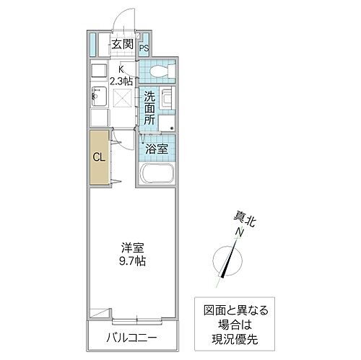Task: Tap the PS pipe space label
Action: coord(144,49)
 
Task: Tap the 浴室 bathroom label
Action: coord(156,149)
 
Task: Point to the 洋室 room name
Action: coord(131,246)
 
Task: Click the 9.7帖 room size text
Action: coord(131,261)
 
